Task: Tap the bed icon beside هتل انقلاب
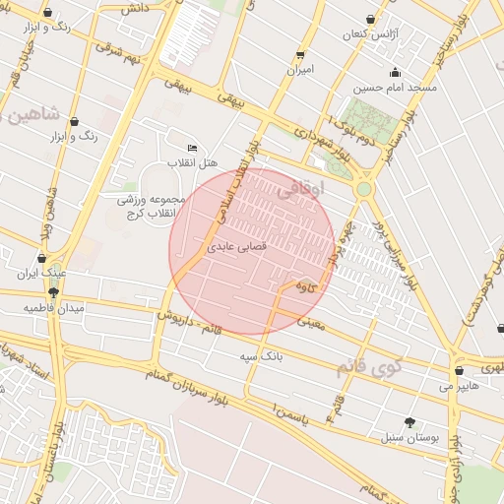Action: click(x=192, y=148)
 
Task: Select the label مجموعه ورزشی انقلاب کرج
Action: click(x=152, y=206)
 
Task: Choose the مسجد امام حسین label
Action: click(x=395, y=88)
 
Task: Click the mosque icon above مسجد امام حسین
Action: click(x=396, y=72)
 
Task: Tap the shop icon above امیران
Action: click(x=299, y=55)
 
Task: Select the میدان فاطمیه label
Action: click(x=55, y=308)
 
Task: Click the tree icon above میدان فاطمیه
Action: click(x=53, y=292)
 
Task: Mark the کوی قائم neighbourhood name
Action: click(x=370, y=368)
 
